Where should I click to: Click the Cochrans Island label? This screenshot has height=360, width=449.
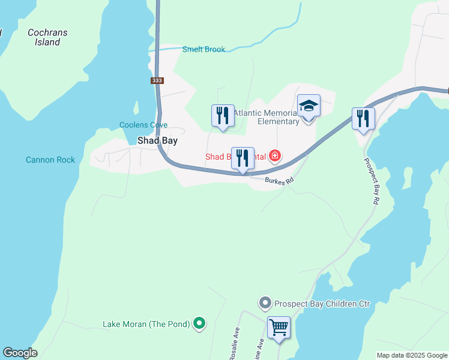click(47, 37)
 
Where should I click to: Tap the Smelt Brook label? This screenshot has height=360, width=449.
click(203, 49)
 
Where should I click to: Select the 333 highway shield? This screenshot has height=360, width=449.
click(157, 80)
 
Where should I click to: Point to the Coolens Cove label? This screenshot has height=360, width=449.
click(143, 125)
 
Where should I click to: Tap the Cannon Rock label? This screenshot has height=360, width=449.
click(50, 160)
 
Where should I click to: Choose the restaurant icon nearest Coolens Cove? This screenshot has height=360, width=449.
click(223, 115)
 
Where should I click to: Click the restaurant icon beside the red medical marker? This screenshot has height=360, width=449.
click(243, 158)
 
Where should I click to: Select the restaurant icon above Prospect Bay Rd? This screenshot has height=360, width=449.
click(363, 118)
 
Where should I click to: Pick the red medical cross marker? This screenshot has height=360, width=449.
click(276, 157)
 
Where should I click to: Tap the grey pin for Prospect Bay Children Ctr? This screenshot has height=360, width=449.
click(265, 304)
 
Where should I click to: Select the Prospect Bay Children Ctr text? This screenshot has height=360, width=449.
click(322, 304)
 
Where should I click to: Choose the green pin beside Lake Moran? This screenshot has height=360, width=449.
click(199, 324)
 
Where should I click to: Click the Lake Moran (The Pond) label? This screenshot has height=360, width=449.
click(146, 324)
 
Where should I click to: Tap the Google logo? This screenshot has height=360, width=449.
click(20, 353)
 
